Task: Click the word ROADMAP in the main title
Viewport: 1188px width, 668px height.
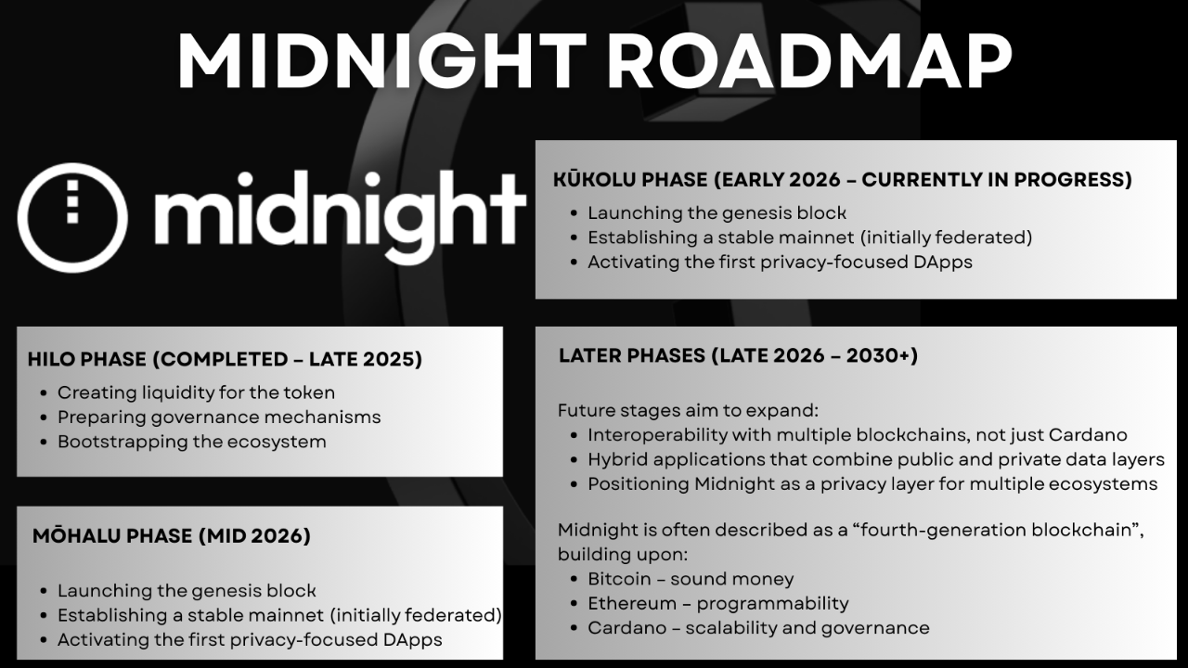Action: pos(810,61)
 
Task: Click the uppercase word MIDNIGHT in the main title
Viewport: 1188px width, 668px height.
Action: pos(382,61)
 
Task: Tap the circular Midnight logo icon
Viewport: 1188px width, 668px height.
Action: pos(72,218)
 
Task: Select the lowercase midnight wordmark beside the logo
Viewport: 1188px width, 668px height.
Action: pos(341,216)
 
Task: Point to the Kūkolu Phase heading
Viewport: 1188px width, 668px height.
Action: pos(842,180)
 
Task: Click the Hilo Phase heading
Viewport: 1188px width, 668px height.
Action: pos(225,359)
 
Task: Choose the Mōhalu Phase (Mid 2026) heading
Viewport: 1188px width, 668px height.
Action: pos(172,535)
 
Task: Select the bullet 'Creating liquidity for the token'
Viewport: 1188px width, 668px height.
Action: pos(196,392)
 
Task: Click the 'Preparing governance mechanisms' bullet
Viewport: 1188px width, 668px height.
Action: pos(219,417)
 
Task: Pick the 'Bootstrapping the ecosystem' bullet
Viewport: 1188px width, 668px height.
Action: pos(192,442)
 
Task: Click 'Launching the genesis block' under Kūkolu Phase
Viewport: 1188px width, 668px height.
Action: pos(717,213)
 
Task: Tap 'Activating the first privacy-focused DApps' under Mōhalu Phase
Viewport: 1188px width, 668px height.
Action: pos(250,640)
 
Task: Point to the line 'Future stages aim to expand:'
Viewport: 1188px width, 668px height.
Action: pos(689,410)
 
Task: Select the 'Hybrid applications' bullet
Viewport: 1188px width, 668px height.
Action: pos(876,459)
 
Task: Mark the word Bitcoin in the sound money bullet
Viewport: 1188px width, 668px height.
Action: pos(619,579)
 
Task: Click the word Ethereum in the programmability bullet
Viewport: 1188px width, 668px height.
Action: pos(632,603)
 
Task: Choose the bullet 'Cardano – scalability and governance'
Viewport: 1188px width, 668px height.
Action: pos(758,628)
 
